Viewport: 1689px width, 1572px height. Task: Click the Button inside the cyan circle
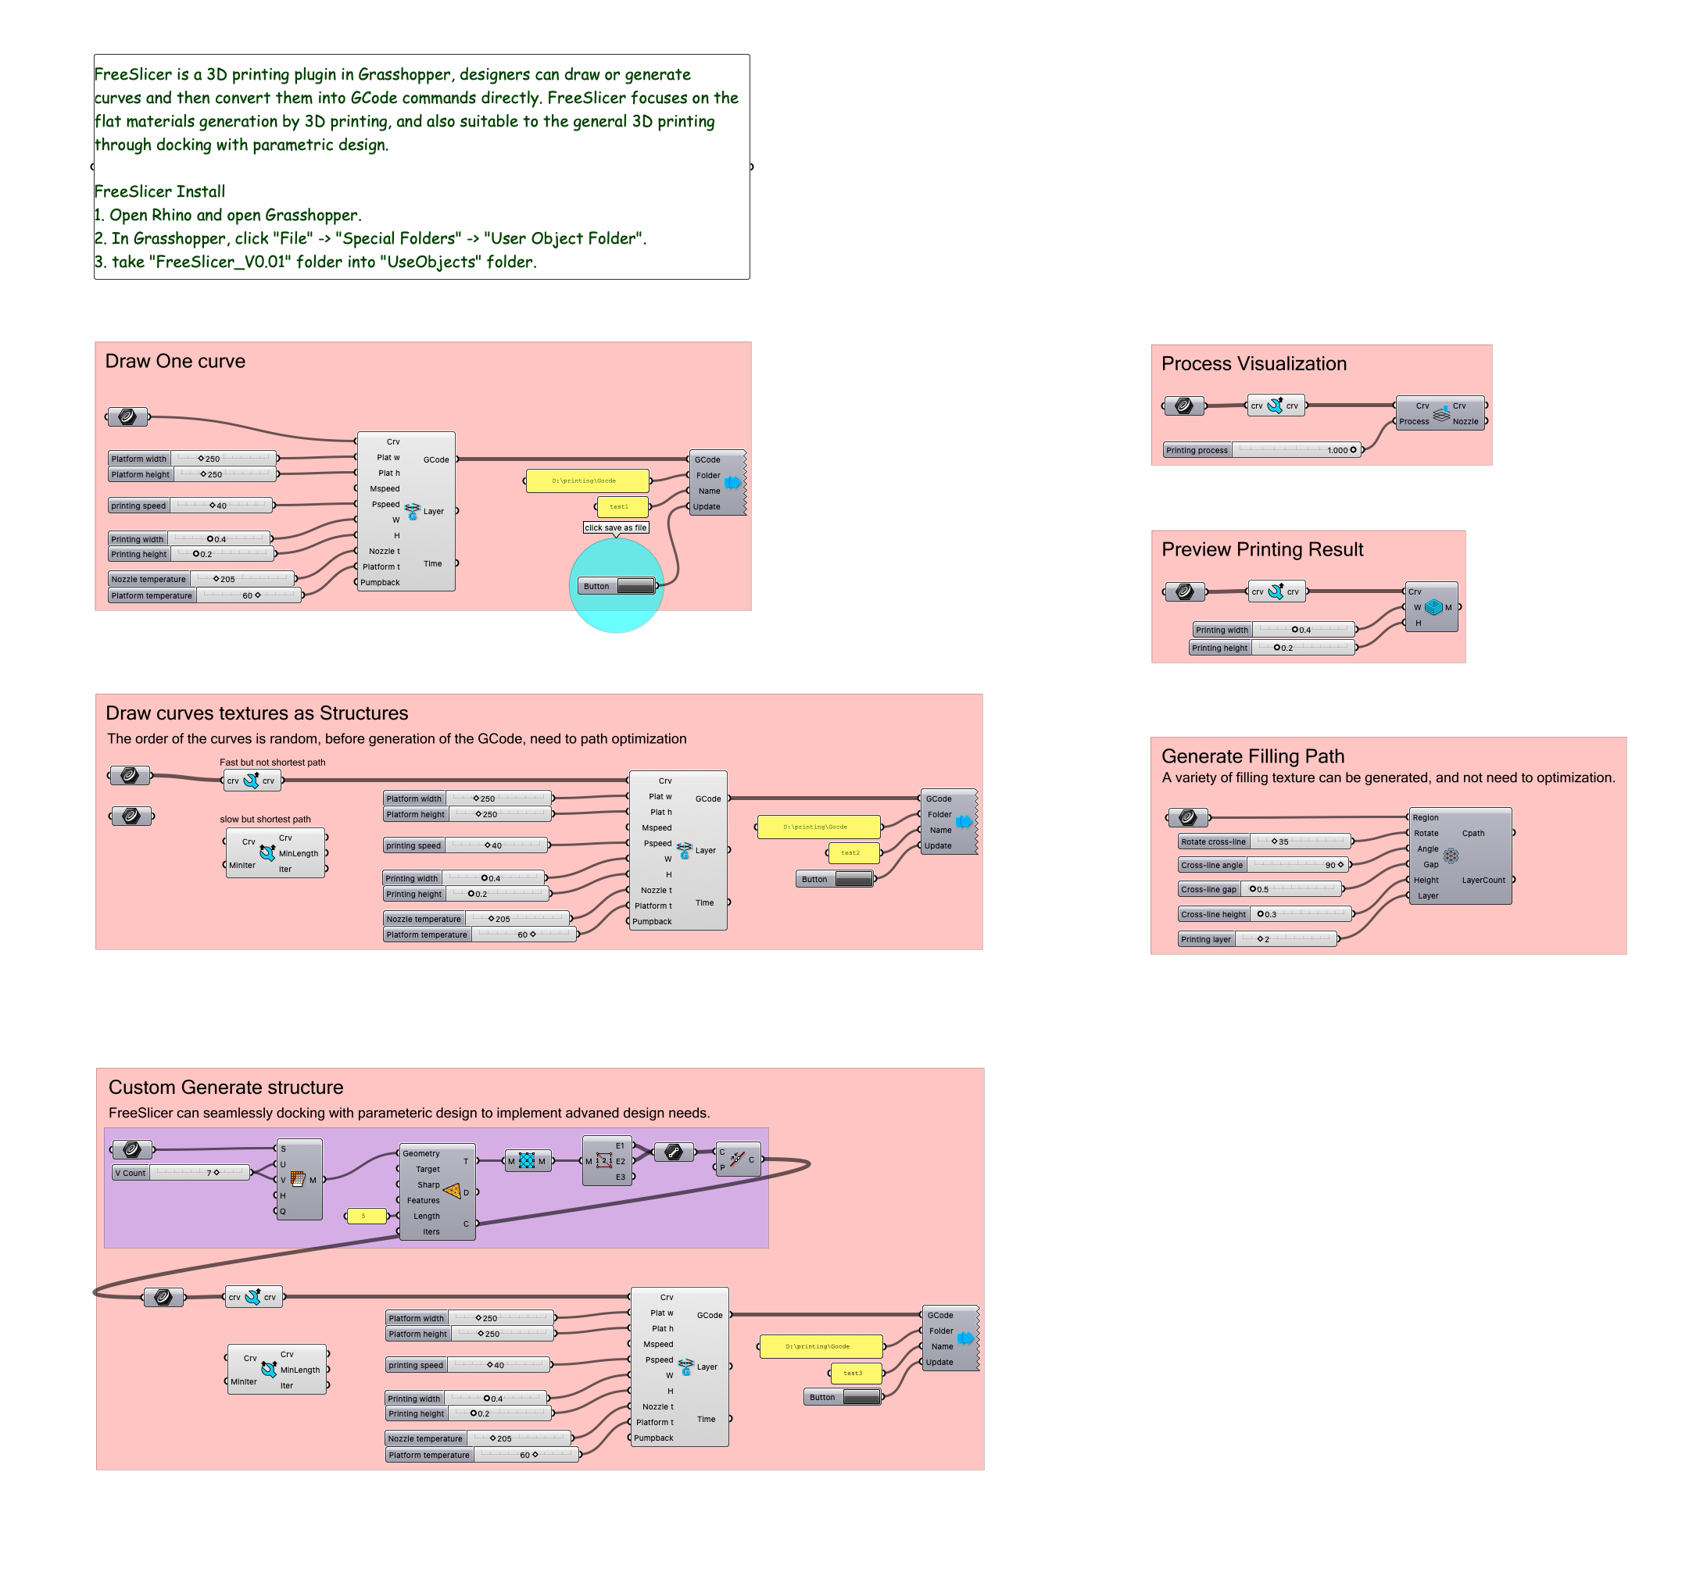[x=616, y=586]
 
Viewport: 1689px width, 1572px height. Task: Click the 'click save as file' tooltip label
[x=616, y=527]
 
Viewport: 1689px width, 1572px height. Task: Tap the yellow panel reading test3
[x=855, y=1373]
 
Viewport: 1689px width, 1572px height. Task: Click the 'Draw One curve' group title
[x=175, y=361]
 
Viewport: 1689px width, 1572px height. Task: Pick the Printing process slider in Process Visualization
[x=1262, y=450]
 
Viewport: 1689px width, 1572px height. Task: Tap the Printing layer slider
[x=1258, y=939]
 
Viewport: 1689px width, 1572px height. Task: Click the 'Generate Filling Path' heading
[x=1252, y=756]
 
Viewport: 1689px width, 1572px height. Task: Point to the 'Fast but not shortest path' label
[x=272, y=763]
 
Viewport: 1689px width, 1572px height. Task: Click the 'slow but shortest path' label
[x=265, y=820]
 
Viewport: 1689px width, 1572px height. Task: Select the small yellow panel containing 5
[x=365, y=1217]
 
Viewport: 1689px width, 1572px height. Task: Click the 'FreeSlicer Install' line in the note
[x=159, y=191]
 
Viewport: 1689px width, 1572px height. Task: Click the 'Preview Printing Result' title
[x=1261, y=549]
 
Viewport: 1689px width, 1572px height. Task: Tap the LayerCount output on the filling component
[x=1483, y=880]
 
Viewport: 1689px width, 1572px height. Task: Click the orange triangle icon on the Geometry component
[x=452, y=1192]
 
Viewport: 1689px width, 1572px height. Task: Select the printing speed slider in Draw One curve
[x=191, y=506]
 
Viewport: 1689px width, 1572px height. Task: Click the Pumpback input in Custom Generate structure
[x=653, y=1438]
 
